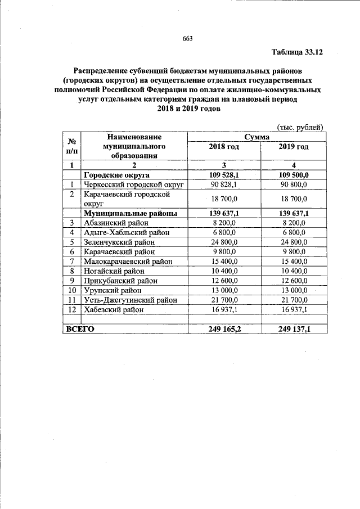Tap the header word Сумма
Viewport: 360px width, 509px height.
(x=256, y=137)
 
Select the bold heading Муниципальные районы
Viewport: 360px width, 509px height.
(x=130, y=213)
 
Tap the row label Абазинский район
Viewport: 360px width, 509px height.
(x=115, y=223)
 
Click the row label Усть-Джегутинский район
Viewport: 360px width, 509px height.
(x=130, y=300)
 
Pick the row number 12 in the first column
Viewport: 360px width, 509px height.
(x=72, y=309)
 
